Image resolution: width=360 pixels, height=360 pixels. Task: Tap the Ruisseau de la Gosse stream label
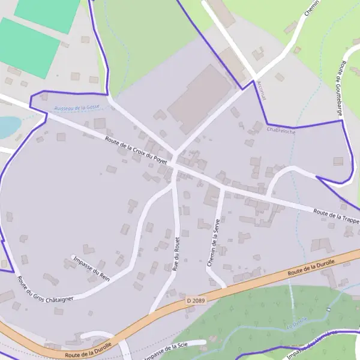77,107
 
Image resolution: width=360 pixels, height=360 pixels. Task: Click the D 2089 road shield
195,299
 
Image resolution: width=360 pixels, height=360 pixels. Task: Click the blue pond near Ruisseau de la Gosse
7,127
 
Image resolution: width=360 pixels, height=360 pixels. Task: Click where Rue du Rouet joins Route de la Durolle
151,313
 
